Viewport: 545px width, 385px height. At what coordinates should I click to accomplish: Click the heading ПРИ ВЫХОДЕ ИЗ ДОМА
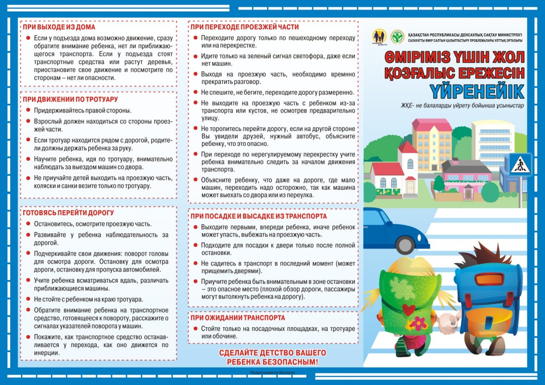click(59, 27)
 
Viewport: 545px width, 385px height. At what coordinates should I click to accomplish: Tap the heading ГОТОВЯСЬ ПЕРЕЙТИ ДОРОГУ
click(68, 213)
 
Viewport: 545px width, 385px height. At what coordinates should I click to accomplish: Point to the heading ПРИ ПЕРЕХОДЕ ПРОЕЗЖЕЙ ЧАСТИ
click(244, 27)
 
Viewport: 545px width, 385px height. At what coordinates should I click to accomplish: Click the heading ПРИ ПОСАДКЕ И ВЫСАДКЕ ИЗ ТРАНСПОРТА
click(258, 216)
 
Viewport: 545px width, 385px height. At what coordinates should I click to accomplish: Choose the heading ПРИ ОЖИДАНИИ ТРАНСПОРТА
click(238, 318)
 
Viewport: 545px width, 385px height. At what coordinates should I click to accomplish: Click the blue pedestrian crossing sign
click(520, 165)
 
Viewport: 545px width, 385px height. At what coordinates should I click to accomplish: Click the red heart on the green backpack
click(409, 310)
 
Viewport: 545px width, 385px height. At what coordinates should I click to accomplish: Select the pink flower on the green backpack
click(418, 323)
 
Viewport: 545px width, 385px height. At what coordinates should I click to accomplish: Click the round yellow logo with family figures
click(379, 37)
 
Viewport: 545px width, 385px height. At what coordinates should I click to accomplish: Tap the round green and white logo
click(397, 37)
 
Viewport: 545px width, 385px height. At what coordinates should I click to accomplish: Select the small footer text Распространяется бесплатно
click(272, 373)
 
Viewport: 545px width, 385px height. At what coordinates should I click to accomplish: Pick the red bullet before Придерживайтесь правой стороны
click(28, 111)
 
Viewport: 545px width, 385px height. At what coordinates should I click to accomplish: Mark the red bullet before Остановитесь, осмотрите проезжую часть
click(28, 224)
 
